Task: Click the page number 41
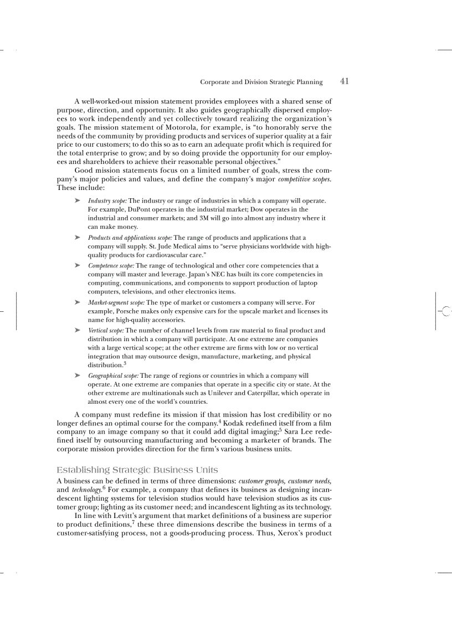(344, 81)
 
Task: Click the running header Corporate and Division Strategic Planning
(261, 82)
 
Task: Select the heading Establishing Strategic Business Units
(137, 470)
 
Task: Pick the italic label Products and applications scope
(130, 238)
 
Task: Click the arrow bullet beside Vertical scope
(78, 330)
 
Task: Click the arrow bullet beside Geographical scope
(78, 375)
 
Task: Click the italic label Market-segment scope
(116, 303)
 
